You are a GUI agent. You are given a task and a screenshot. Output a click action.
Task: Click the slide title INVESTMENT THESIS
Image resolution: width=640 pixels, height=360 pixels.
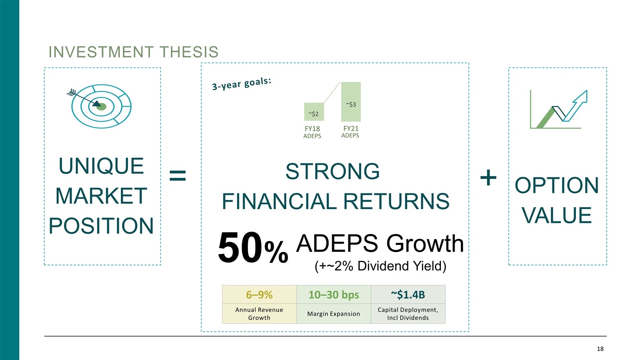click(x=133, y=52)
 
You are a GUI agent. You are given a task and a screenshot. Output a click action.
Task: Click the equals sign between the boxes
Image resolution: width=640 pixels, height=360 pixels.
click(x=178, y=176)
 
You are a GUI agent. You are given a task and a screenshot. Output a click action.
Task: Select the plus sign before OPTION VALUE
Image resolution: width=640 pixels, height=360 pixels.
click(x=488, y=178)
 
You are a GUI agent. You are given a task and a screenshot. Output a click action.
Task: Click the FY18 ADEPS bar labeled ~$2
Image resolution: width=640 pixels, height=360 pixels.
click(x=314, y=112)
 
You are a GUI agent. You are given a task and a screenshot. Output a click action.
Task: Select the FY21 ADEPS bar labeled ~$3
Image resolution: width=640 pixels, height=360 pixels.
click(x=351, y=102)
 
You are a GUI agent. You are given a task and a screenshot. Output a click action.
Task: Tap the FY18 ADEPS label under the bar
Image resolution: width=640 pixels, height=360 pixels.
click(x=312, y=132)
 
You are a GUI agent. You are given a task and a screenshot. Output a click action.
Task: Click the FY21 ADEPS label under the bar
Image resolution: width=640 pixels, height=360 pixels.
click(x=350, y=132)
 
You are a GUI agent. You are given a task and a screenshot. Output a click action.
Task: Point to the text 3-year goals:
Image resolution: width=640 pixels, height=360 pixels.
click(x=242, y=83)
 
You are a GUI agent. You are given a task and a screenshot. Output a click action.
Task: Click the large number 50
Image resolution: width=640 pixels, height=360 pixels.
click(x=240, y=249)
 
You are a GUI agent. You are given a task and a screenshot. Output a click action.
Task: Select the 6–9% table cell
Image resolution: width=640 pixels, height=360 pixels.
click(x=259, y=295)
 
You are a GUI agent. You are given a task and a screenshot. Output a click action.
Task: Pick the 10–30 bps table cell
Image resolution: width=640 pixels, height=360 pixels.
click(x=333, y=295)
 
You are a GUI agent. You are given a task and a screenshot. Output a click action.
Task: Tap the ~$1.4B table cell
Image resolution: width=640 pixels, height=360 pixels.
click(x=408, y=295)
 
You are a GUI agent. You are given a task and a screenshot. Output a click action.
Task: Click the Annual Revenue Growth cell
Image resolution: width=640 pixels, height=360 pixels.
click(x=259, y=314)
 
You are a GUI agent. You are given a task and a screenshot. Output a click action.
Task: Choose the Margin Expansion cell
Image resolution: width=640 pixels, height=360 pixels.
click(x=333, y=314)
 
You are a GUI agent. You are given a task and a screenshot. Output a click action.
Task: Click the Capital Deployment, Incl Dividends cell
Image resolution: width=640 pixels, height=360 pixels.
click(x=408, y=314)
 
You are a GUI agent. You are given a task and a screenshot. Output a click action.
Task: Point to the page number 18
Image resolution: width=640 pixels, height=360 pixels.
click(x=600, y=349)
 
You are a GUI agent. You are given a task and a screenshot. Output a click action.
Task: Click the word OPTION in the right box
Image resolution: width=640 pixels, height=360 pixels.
click(x=557, y=185)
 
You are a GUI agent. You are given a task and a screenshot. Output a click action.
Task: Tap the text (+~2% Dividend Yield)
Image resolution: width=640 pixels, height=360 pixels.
click(x=380, y=266)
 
